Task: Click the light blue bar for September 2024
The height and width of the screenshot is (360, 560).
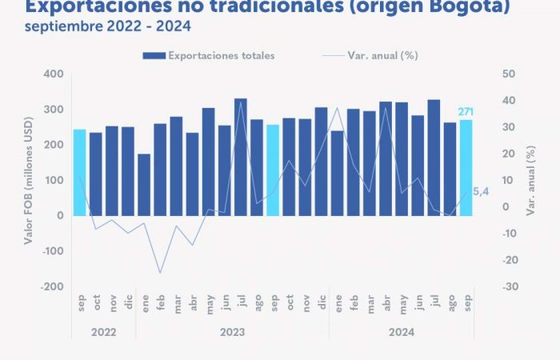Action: coord(466,168)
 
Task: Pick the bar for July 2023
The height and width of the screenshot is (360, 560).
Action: coord(240,157)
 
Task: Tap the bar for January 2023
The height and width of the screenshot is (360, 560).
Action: coord(144,185)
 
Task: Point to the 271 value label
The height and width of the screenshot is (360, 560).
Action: coord(466,111)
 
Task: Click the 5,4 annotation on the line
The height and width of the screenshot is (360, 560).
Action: coord(482,191)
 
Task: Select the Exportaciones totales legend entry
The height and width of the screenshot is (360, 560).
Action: coord(209,55)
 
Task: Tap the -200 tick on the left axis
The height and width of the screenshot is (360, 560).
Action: coord(50,286)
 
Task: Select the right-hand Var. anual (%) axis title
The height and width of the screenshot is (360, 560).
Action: coord(530,180)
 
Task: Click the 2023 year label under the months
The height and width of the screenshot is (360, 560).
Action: coord(232,330)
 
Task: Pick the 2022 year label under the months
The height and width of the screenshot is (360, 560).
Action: coord(104,330)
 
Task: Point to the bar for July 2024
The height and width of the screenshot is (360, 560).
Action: coord(434,158)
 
